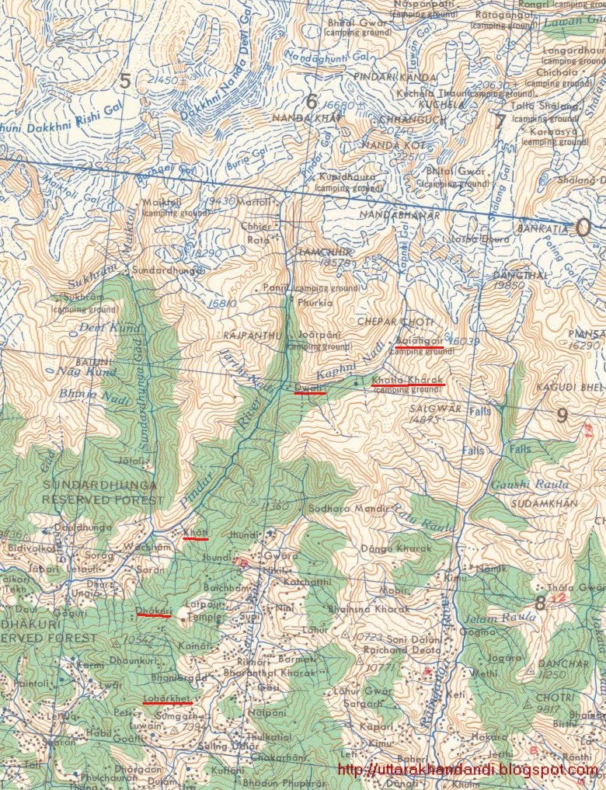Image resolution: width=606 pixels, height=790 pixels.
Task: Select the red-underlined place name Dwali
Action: (x=309, y=386)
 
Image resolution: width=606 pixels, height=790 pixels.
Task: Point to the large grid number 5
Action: (x=124, y=79)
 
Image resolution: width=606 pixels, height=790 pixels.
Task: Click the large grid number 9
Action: (x=562, y=415)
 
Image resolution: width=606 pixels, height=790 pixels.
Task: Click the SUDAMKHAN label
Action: (x=545, y=503)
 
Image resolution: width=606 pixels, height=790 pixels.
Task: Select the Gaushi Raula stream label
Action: (x=521, y=484)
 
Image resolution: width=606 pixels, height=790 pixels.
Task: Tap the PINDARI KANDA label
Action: (x=385, y=76)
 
